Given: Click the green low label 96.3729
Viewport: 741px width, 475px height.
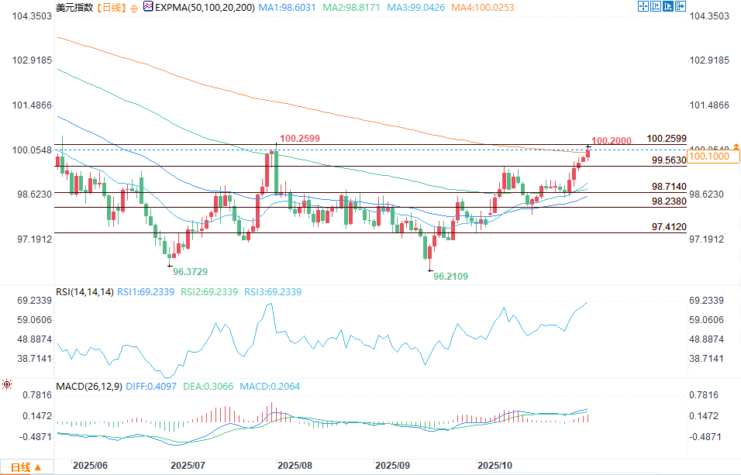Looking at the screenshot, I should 189,272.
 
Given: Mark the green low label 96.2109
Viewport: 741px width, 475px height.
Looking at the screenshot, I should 450,276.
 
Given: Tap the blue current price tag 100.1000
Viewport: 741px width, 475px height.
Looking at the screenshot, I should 707,157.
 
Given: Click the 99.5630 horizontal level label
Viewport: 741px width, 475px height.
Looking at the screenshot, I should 669,160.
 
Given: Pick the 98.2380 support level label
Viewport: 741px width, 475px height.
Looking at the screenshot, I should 669,201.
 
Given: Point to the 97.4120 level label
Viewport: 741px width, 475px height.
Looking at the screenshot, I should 669,226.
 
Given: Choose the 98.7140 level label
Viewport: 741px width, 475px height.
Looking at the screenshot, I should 669,187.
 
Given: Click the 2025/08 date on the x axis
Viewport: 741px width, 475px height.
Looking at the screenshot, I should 295,466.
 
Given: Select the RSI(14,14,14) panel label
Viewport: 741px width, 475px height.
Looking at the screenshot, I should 85,292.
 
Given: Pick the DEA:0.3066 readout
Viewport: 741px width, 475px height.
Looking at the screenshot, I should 209,386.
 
